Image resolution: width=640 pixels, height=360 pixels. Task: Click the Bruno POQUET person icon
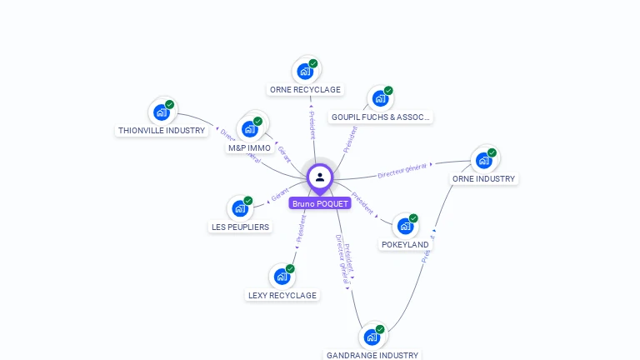click(320, 177)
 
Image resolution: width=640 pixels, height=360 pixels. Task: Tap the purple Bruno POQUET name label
click(320, 203)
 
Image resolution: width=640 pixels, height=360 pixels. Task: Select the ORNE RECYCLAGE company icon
click(305, 71)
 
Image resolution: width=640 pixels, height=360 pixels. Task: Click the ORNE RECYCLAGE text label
click(305, 89)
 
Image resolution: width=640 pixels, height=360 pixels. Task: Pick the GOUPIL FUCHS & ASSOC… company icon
click(380, 98)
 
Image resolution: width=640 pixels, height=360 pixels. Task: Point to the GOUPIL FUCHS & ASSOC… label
click(380, 117)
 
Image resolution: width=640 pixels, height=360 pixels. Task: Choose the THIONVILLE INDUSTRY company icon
click(162, 112)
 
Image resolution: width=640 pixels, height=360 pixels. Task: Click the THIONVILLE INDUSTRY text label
click(162, 131)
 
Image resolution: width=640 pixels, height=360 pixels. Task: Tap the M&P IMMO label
click(250, 148)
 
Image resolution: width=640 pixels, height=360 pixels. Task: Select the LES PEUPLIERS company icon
click(240, 208)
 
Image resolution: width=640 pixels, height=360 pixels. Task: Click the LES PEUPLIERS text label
click(240, 227)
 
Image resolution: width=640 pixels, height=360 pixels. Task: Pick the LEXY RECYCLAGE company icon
click(282, 277)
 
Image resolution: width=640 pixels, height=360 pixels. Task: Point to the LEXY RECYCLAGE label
click(282, 295)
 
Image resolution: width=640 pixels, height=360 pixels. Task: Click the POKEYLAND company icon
click(405, 226)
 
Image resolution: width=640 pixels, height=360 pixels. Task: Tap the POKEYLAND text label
click(405, 245)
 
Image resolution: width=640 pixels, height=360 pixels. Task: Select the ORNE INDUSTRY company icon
click(484, 160)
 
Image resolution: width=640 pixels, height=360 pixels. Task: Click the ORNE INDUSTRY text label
click(484, 178)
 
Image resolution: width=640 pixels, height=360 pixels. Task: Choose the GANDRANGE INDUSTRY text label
click(372, 355)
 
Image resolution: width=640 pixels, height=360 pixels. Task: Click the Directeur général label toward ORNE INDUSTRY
click(402, 171)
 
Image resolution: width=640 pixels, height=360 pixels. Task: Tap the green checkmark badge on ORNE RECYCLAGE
click(313, 63)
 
